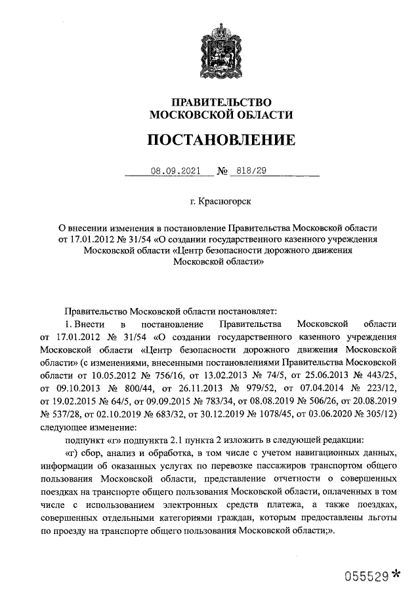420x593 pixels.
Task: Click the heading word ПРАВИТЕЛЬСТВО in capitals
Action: pos(221,102)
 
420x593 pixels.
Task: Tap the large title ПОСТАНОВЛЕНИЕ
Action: pos(221,140)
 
